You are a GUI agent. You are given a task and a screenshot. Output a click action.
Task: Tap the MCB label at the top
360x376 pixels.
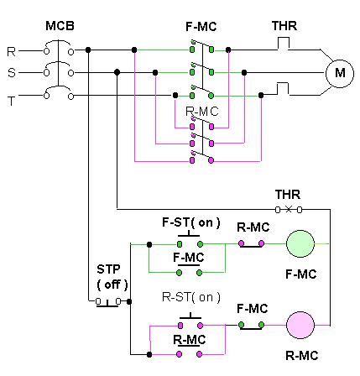pyautogui.click(x=60, y=26)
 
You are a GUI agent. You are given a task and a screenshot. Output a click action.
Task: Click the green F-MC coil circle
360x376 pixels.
pyautogui.click(x=300, y=243)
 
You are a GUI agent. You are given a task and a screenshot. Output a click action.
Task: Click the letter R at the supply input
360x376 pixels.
pyautogui.click(x=11, y=52)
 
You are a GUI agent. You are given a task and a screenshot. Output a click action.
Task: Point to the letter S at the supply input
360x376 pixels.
pyautogui.click(x=12, y=73)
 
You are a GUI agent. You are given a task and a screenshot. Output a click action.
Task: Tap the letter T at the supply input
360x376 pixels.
pyautogui.click(x=11, y=101)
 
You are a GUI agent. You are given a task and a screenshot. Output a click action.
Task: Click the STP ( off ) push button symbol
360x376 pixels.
pyautogui.click(x=107, y=302)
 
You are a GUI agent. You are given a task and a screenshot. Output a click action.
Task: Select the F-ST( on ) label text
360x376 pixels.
pyautogui.click(x=191, y=222)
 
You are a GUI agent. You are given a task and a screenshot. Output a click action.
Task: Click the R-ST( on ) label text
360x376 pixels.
pyautogui.click(x=191, y=297)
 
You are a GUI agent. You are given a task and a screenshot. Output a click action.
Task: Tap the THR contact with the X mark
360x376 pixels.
pyautogui.click(x=289, y=209)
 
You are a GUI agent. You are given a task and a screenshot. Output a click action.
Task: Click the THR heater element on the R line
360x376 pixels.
pyautogui.click(x=283, y=44)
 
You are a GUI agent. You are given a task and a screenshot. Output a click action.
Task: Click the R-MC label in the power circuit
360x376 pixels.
pyautogui.click(x=202, y=112)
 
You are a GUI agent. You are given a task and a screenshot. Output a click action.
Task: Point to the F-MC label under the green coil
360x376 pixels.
pyautogui.click(x=301, y=274)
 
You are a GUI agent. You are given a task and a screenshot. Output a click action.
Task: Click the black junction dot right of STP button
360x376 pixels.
pyautogui.click(x=129, y=301)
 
